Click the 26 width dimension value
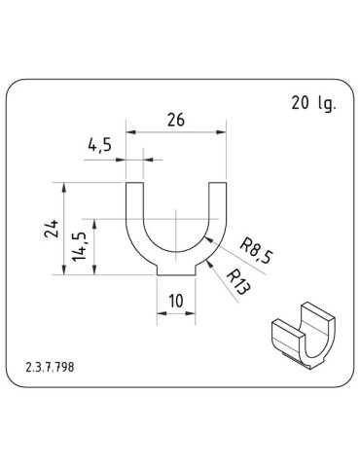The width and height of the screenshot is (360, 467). click(176, 120)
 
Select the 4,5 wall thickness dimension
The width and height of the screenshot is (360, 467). click(100, 145)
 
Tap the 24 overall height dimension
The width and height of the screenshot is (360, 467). click(52, 229)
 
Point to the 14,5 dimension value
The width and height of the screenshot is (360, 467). click(80, 246)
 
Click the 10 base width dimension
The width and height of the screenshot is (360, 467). click(176, 301)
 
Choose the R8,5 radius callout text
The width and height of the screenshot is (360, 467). click(257, 251)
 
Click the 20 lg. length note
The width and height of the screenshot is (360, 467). click(313, 103)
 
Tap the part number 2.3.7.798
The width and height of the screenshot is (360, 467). click(50, 367)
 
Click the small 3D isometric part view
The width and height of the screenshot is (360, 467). click(303, 336)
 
